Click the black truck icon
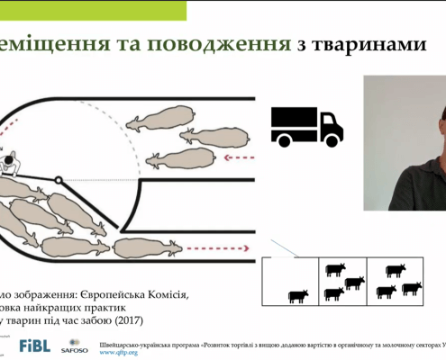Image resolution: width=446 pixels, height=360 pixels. click(x=306, y=126)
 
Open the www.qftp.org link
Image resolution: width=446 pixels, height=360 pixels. click(x=118, y=353)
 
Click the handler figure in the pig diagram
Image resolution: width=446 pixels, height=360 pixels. click(x=11, y=164)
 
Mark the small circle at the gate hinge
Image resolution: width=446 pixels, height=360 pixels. click(x=59, y=179)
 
